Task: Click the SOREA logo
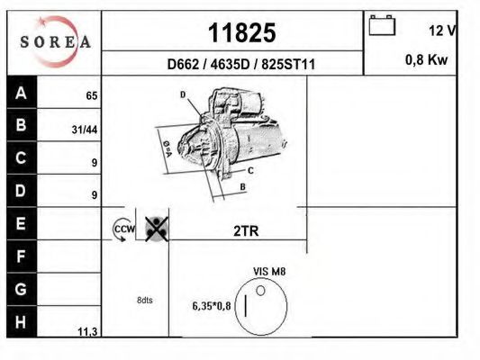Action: coord(56,41)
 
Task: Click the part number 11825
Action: coord(241,33)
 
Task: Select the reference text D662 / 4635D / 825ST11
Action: coord(240,65)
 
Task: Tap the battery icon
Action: coord(382,27)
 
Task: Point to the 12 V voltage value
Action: coord(441,31)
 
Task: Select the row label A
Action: coord(22,94)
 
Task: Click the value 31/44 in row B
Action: coord(85,130)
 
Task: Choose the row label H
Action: coord(22,320)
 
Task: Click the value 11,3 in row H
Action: coord(88,331)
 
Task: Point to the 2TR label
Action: coord(246,231)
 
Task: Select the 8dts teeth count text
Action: coord(145,300)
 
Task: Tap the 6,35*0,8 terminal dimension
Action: coord(212,305)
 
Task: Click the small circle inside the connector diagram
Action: coord(261,290)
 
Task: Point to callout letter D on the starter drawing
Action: coord(182,94)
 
